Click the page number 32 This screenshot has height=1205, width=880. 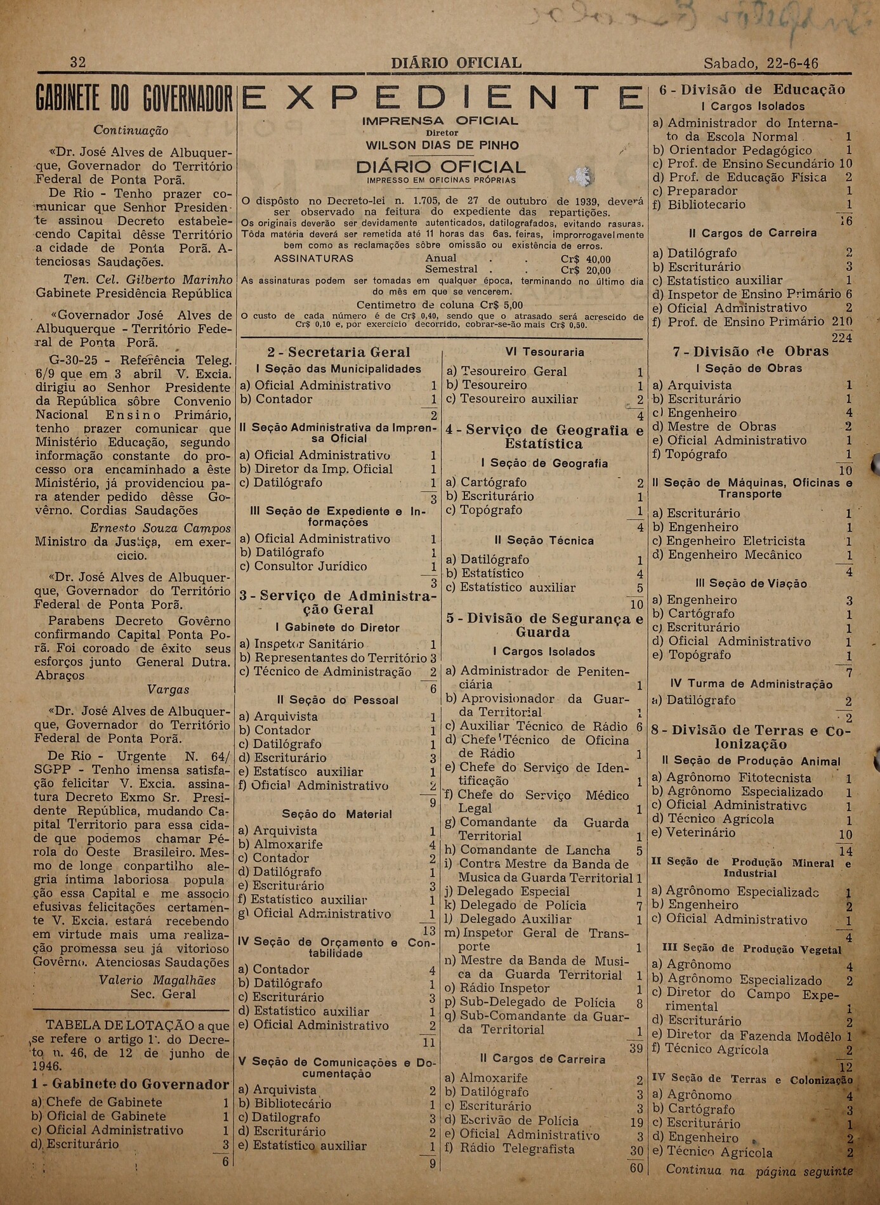coord(77,62)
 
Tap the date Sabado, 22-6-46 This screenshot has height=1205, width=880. coord(761,63)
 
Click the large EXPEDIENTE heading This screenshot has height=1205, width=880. coord(442,98)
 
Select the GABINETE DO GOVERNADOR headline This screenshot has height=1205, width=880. coord(134,100)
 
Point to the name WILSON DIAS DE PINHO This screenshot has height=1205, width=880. coord(442,145)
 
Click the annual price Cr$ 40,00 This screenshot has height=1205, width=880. coord(586,259)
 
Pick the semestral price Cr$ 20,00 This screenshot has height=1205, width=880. coord(586,270)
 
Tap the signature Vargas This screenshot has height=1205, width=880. coord(168,690)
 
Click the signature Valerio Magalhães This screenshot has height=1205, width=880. coord(157,980)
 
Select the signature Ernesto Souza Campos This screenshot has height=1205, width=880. coord(160,528)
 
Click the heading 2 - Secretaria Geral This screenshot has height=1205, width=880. coord(339,352)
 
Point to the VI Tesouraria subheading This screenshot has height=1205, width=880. coord(544,352)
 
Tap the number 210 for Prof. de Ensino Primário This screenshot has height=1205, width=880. coord(842,322)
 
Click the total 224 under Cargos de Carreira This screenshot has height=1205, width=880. coord(842,338)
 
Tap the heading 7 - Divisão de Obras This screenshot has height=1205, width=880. coord(751,352)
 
